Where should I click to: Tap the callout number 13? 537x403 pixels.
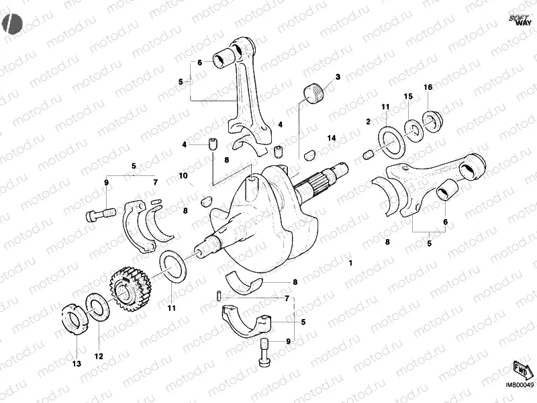pyautogui.click(x=76, y=363)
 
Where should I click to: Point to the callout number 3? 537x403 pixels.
pyautogui.click(x=338, y=77)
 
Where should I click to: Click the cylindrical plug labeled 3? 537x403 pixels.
pyautogui.click(x=313, y=93)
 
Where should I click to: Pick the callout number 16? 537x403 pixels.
pyautogui.click(x=428, y=88)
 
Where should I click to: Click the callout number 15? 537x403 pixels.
pyautogui.click(x=407, y=97)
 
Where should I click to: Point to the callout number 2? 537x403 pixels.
pyautogui.click(x=368, y=122)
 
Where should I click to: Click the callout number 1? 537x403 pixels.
pyautogui.click(x=350, y=264)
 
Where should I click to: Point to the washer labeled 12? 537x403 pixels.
pyautogui.click(x=97, y=307)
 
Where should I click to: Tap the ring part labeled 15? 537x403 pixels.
pyautogui.click(x=413, y=128)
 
